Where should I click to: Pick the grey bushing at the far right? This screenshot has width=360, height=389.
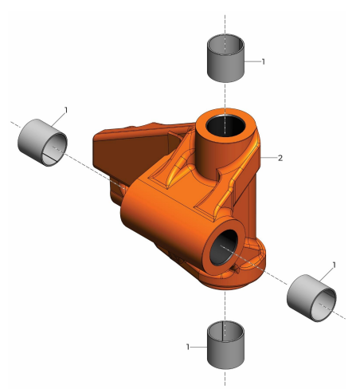pyautogui.click(x=311, y=297)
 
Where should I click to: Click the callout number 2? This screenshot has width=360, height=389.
pyautogui.click(x=280, y=158)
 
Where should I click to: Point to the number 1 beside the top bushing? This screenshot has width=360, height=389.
pyautogui.click(x=263, y=61)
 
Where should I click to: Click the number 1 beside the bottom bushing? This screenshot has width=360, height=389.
pyautogui.click(x=187, y=347)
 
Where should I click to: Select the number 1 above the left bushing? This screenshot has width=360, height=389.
pyautogui.click(x=66, y=108)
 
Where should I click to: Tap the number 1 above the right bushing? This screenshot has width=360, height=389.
pyautogui.click(x=334, y=264)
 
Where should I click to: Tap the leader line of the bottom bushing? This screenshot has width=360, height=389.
pyautogui.click(x=199, y=347)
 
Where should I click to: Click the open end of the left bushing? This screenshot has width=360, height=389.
pyautogui.click(x=54, y=148)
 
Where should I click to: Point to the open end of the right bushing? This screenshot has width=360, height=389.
pyautogui.click(x=324, y=304)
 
